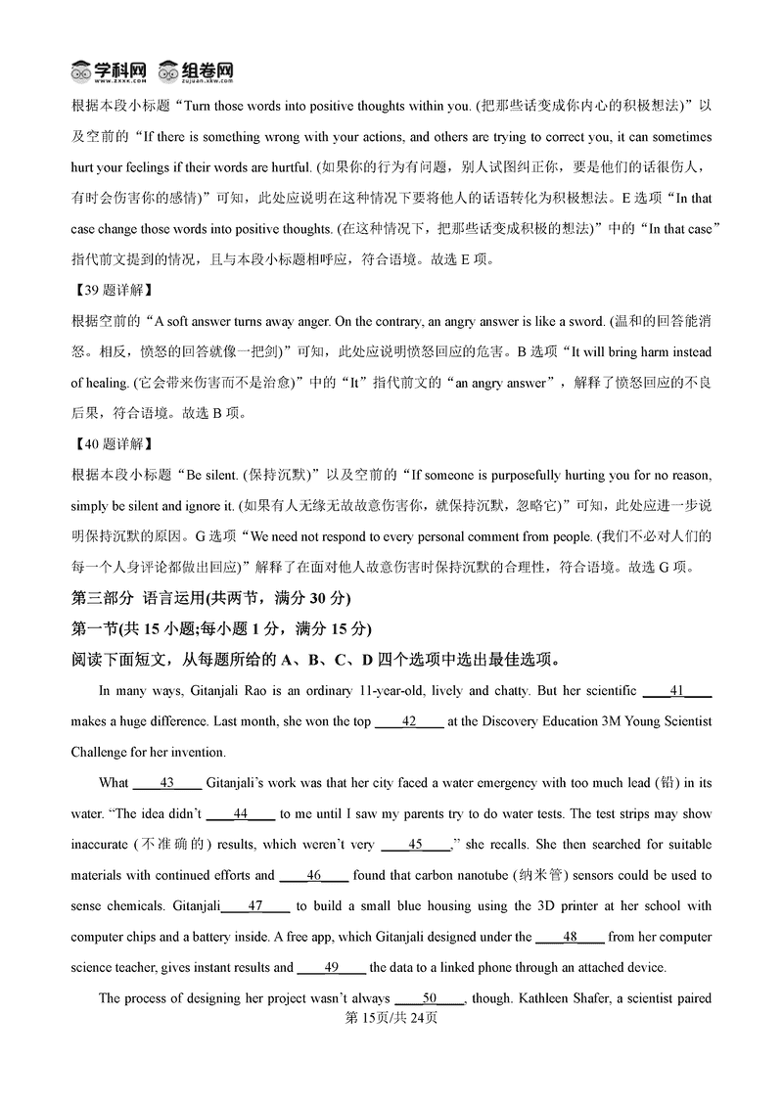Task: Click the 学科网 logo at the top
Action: [x=109, y=70]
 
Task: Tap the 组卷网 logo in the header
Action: [x=196, y=70]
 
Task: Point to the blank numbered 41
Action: [x=676, y=691]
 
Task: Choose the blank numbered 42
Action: [x=410, y=721]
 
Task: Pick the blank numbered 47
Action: [x=256, y=906]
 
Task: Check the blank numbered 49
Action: [x=331, y=968]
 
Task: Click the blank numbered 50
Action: [x=429, y=998]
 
